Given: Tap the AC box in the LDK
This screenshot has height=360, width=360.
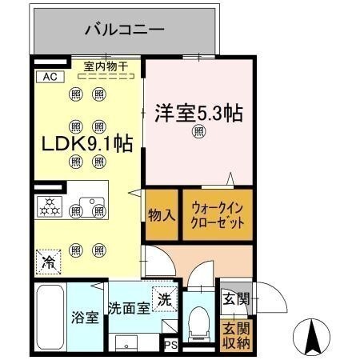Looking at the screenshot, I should click(48, 78).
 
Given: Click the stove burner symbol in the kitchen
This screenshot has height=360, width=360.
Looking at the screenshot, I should click(50, 207).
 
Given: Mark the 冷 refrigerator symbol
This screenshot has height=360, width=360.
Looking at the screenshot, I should click(48, 260).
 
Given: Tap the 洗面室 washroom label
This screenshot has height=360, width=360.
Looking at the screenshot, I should click(128, 308).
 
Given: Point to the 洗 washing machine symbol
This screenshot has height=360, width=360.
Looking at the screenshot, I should click(164, 299).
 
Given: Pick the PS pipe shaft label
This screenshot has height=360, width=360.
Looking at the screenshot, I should click(170, 345).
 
